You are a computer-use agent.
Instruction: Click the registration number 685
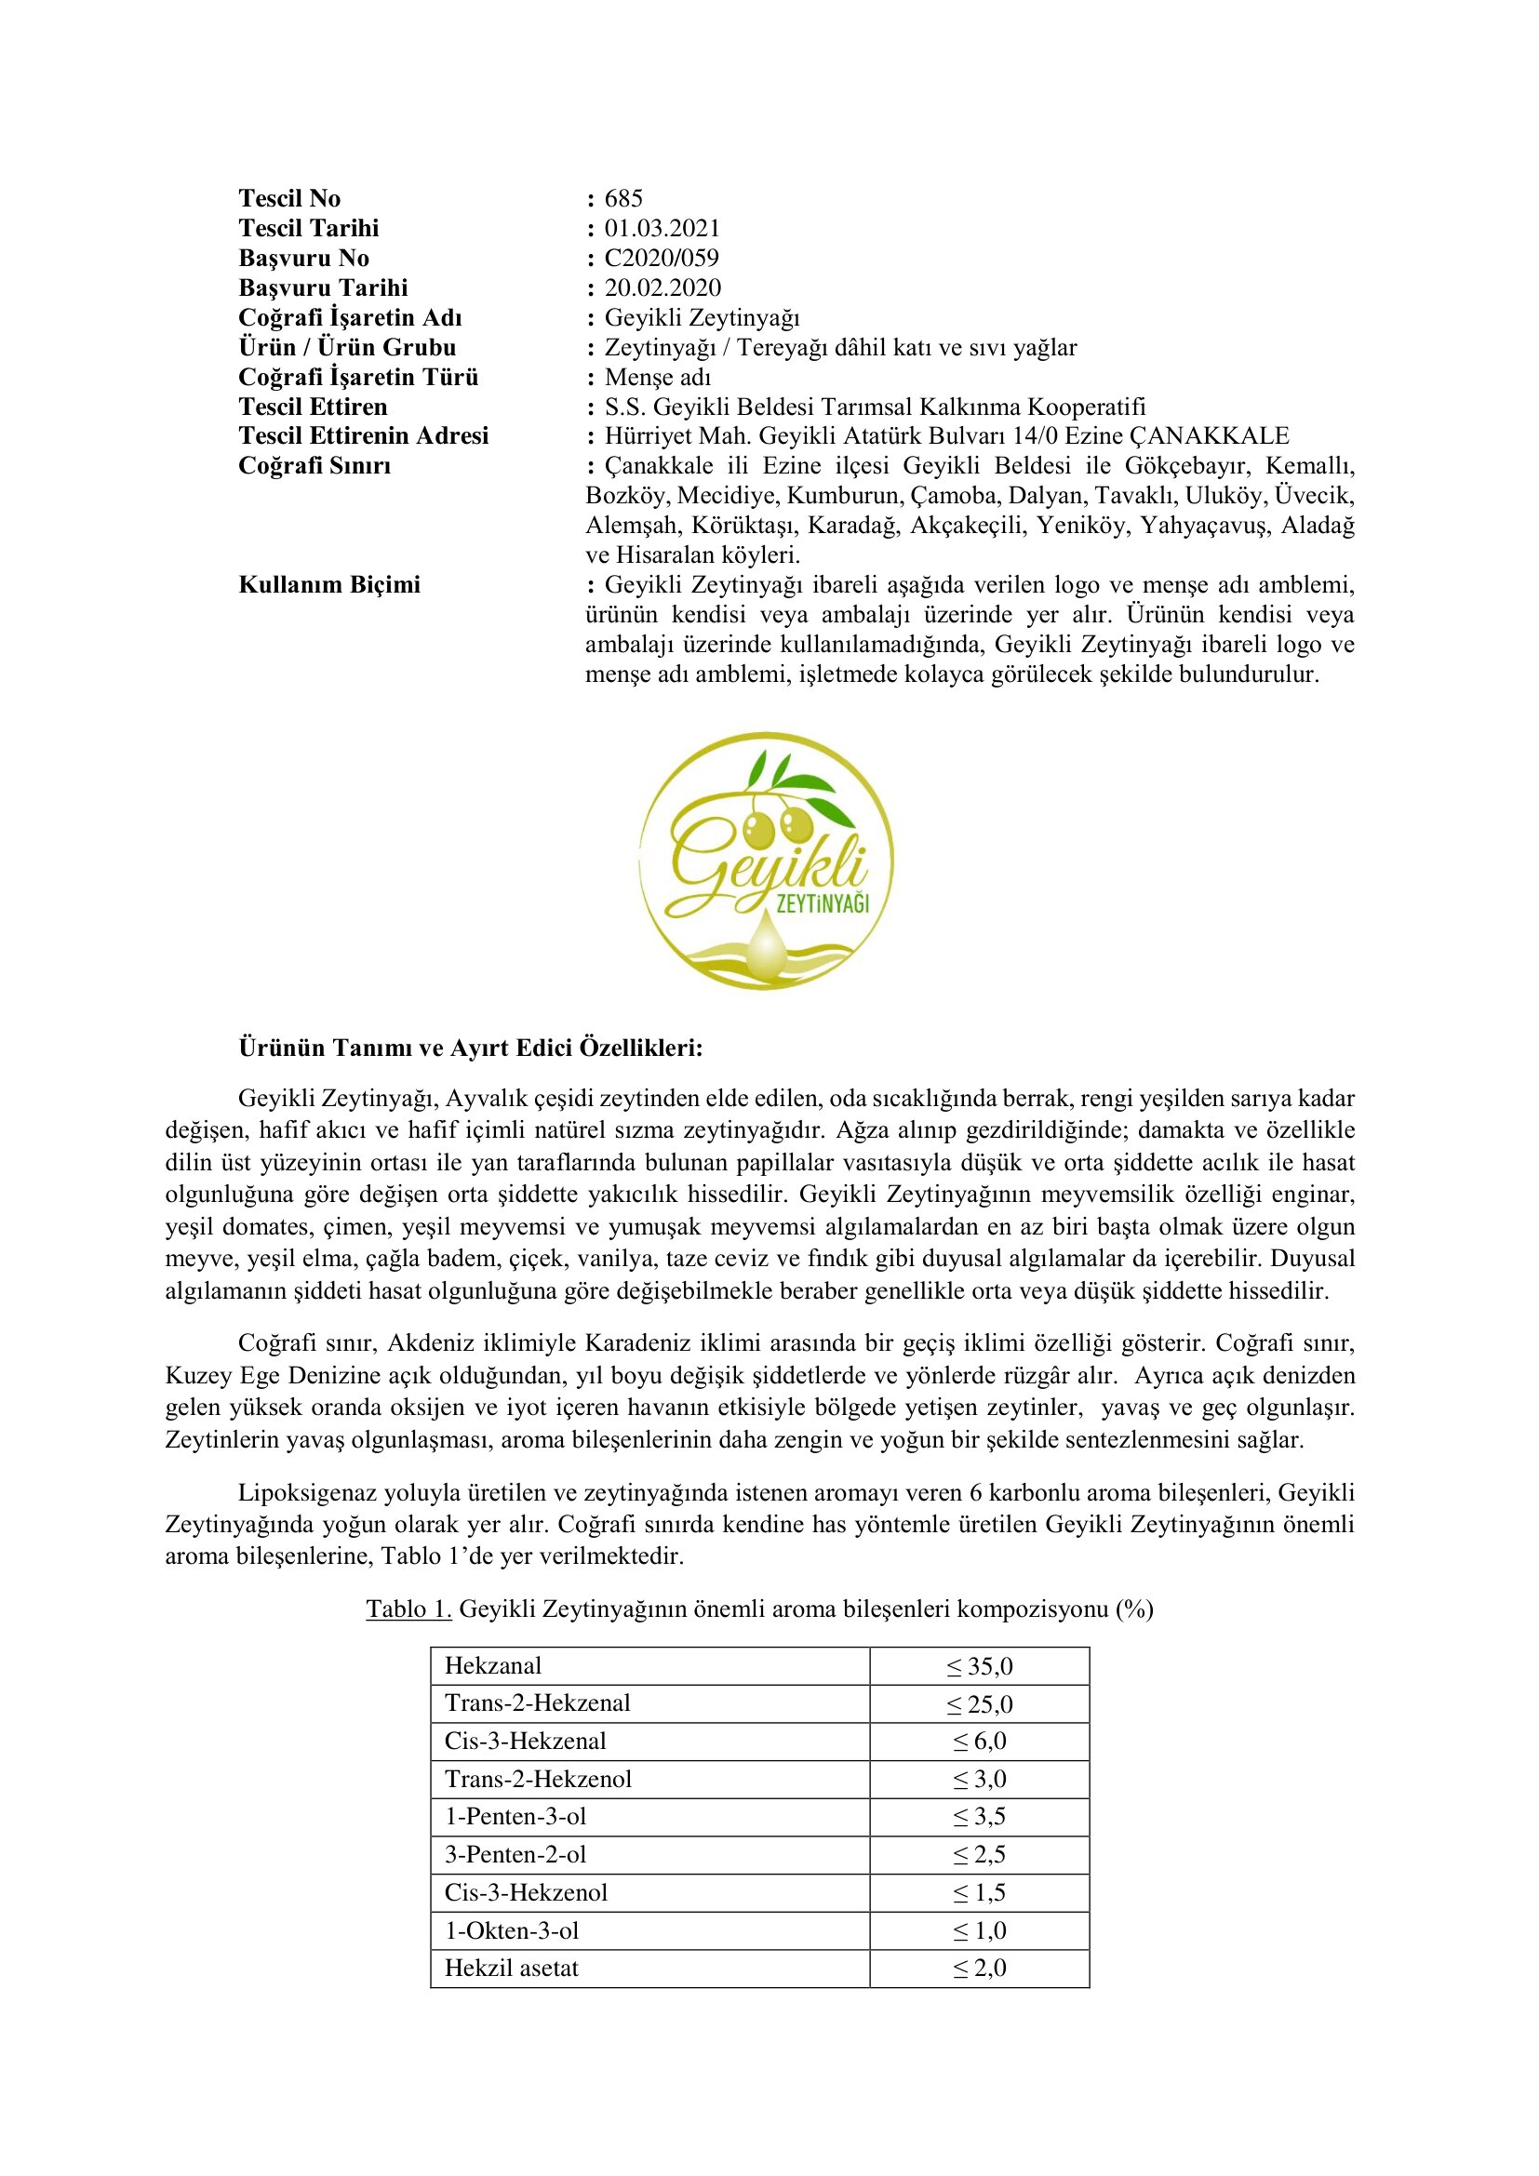click(x=623, y=198)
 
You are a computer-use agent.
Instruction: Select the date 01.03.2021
click(x=662, y=229)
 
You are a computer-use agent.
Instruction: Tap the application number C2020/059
click(x=662, y=258)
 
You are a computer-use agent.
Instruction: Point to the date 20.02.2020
click(x=662, y=288)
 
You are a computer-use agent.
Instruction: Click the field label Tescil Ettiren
click(x=313, y=407)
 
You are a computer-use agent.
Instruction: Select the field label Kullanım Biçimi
click(x=328, y=585)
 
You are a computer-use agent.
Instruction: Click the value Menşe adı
click(x=658, y=377)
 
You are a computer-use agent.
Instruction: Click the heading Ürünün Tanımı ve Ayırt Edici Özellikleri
click(x=470, y=1048)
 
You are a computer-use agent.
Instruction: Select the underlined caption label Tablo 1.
click(x=408, y=1609)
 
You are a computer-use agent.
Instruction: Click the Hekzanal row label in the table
click(x=494, y=1666)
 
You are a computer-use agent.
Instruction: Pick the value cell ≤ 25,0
click(x=979, y=1704)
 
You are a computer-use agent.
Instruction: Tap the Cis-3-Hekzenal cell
click(x=525, y=1741)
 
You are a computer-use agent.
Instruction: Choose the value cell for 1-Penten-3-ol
click(x=979, y=1817)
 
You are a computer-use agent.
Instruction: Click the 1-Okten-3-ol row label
click(x=512, y=1930)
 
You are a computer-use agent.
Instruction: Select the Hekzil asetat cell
click(x=512, y=1969)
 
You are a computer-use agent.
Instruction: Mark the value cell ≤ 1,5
click(x=979, y=1892)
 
